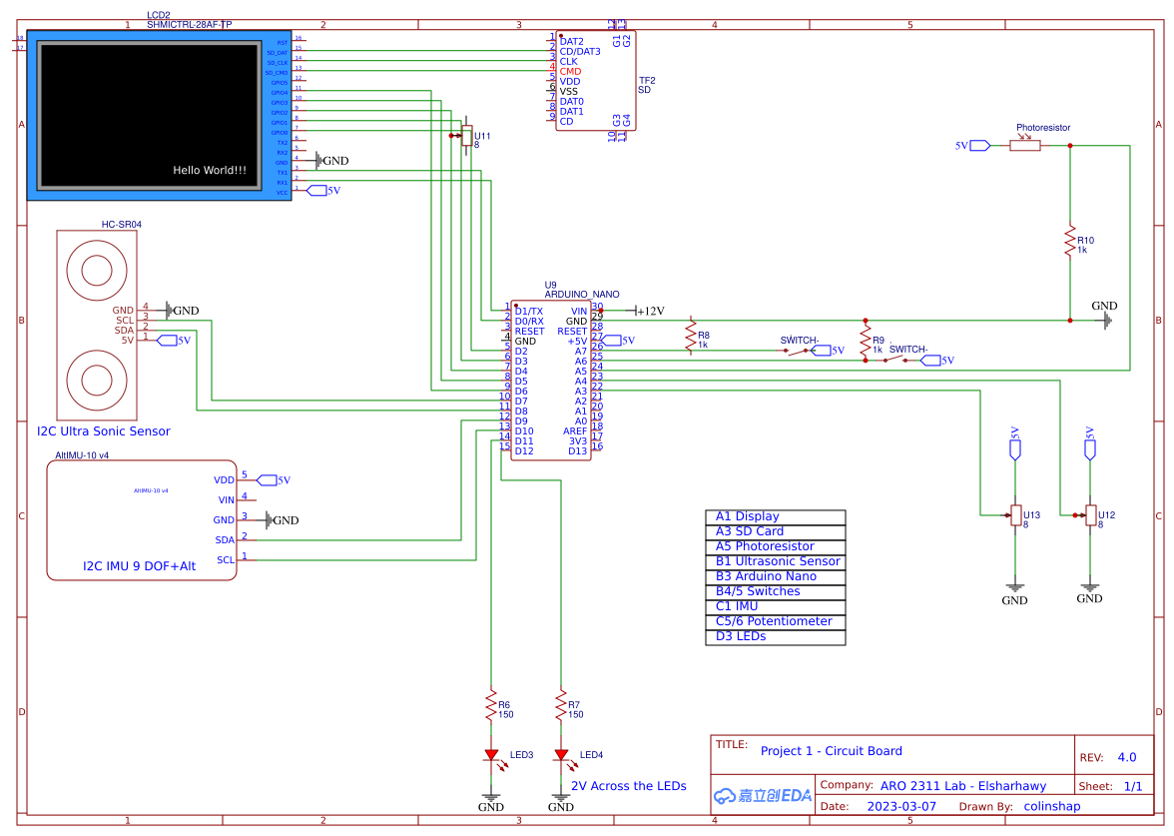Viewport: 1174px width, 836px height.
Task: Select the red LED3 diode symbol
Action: (x=491, y=755)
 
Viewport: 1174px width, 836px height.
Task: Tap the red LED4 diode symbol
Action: (x=561, y=755)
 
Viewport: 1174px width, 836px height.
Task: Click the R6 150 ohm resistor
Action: (x=491, y=705)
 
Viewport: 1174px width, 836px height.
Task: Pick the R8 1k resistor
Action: (x=690, y=336)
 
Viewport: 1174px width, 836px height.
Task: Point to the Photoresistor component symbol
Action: (x=1025, y=145)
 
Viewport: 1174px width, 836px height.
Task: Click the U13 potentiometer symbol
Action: (x=1015, y=515)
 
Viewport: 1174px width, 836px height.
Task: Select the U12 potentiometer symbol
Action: (x=1090, y=515)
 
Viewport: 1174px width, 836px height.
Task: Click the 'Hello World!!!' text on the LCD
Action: (x=210, y=171)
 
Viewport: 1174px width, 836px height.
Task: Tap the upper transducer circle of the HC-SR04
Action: (x=97, y=270)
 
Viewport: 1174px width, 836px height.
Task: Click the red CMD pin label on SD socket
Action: (x=570, y=72)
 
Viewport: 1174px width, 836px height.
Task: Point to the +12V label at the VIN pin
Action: (x=650, y=311)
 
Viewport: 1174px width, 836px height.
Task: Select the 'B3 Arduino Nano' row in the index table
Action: (x=766, y=576)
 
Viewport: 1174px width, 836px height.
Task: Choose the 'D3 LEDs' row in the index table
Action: (x=741, y=636)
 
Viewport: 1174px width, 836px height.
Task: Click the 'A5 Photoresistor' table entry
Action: (x=765, y=546)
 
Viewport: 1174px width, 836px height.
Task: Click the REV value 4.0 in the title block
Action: (x=1126, y=757)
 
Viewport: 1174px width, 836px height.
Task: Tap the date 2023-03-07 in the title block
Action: (x=900, y=806)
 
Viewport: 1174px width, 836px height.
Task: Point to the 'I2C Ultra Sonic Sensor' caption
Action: (x=104, y=431)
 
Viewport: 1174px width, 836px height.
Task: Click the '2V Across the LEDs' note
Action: (x=629, y=786)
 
